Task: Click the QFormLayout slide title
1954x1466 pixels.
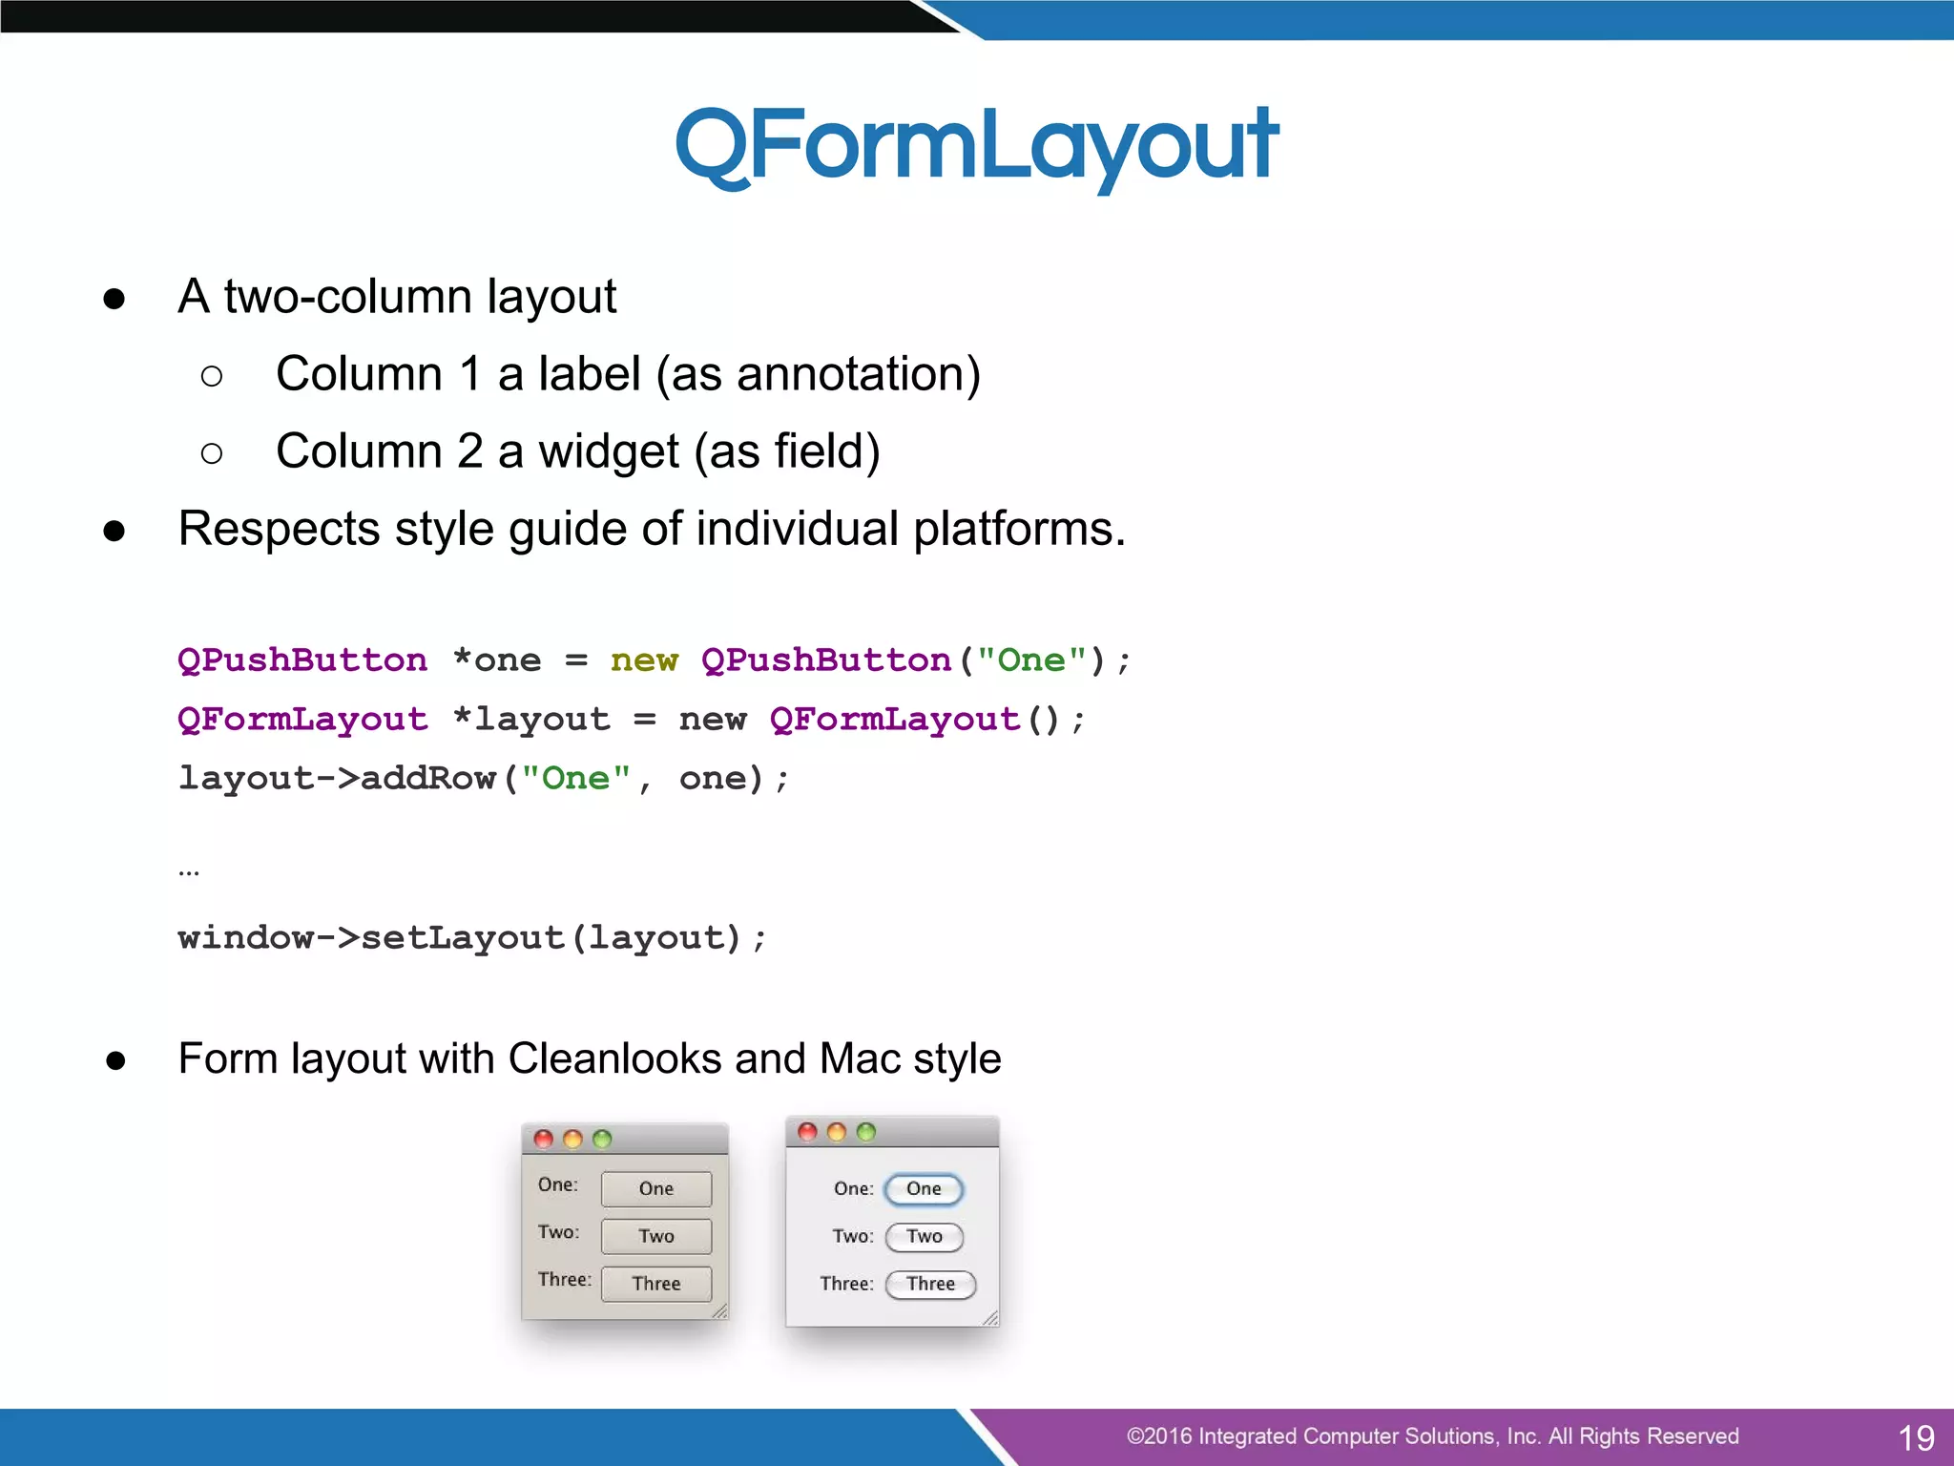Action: pyautogui.click(x=976, y=145)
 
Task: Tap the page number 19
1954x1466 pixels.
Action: pyautogui.click(x=1915, y=1437)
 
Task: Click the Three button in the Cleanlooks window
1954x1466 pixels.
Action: pyautogui.click(x=656, y=1284)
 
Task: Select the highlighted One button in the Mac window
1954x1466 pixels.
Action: pyautogui.click(x=924, y=1189)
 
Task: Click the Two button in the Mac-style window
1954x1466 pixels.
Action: pyautogui.click(x=924, y=1237)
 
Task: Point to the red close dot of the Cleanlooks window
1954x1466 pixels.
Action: pyautogui.click(x=544, y=1139)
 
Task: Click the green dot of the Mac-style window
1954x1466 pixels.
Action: pyautogui.click(x=866, y=1132)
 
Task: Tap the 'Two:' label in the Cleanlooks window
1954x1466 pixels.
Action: pyautogui.click(x=558, y=1232)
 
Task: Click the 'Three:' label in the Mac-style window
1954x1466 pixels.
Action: pyautogui.click(x=846, y=1284)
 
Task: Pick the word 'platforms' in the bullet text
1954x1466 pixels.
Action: pyautogui.click(x=1012, y=529)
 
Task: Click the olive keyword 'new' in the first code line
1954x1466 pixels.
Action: pyautogui.click(x=644, y=660)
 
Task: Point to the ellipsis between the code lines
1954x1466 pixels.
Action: pyautogui.click(x=189, y=871)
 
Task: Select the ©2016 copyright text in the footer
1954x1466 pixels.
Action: pyautogui.click(x=1431, y=1436)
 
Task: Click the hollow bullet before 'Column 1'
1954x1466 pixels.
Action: pyautogui.click(x=212, y=376)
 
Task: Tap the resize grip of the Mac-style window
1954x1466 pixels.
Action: pyautogui.click(x=990, y=1319)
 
